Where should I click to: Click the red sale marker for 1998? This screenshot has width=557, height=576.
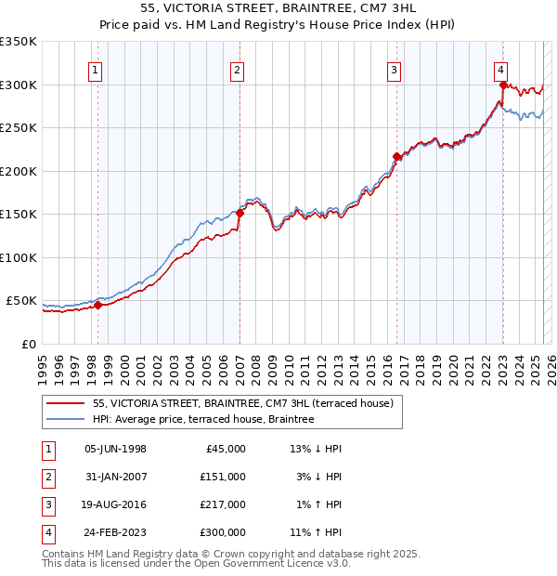point(97,305)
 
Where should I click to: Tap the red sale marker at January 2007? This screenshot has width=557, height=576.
point(240,213)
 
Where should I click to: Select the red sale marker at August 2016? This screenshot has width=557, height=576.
point(396,156)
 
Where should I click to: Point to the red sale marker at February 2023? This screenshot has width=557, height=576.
point(503,85)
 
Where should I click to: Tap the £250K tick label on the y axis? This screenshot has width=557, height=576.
point(19,128)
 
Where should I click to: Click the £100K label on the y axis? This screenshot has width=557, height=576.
point(19,257)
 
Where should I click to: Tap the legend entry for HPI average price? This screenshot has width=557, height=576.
point(203,419)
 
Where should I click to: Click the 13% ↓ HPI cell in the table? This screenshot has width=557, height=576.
point(316,449)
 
